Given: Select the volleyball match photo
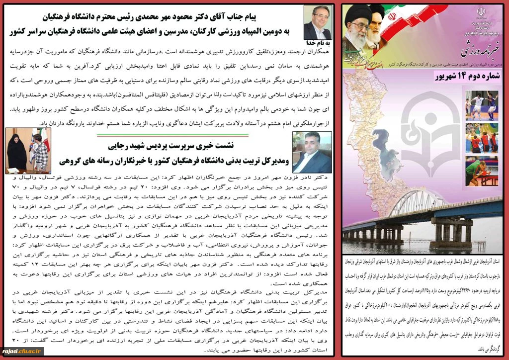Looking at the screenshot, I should click(481, 137).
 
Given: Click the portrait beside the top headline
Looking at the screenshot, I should click(317, 23).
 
